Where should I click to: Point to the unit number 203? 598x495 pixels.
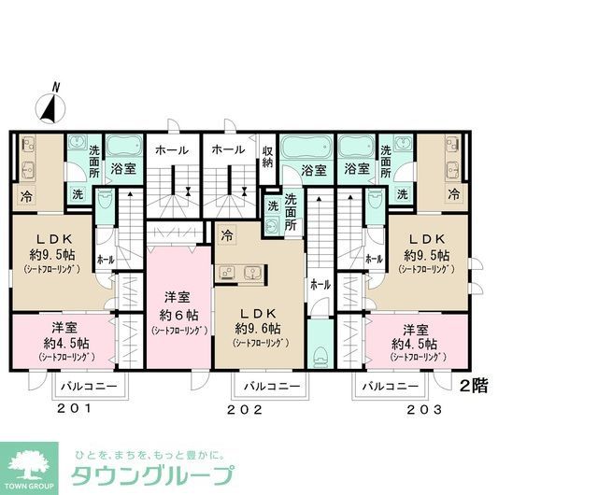(x=424, y=409)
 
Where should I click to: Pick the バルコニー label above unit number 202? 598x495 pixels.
(x=270, y=386)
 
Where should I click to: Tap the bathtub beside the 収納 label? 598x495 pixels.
(x=306, y=148)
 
